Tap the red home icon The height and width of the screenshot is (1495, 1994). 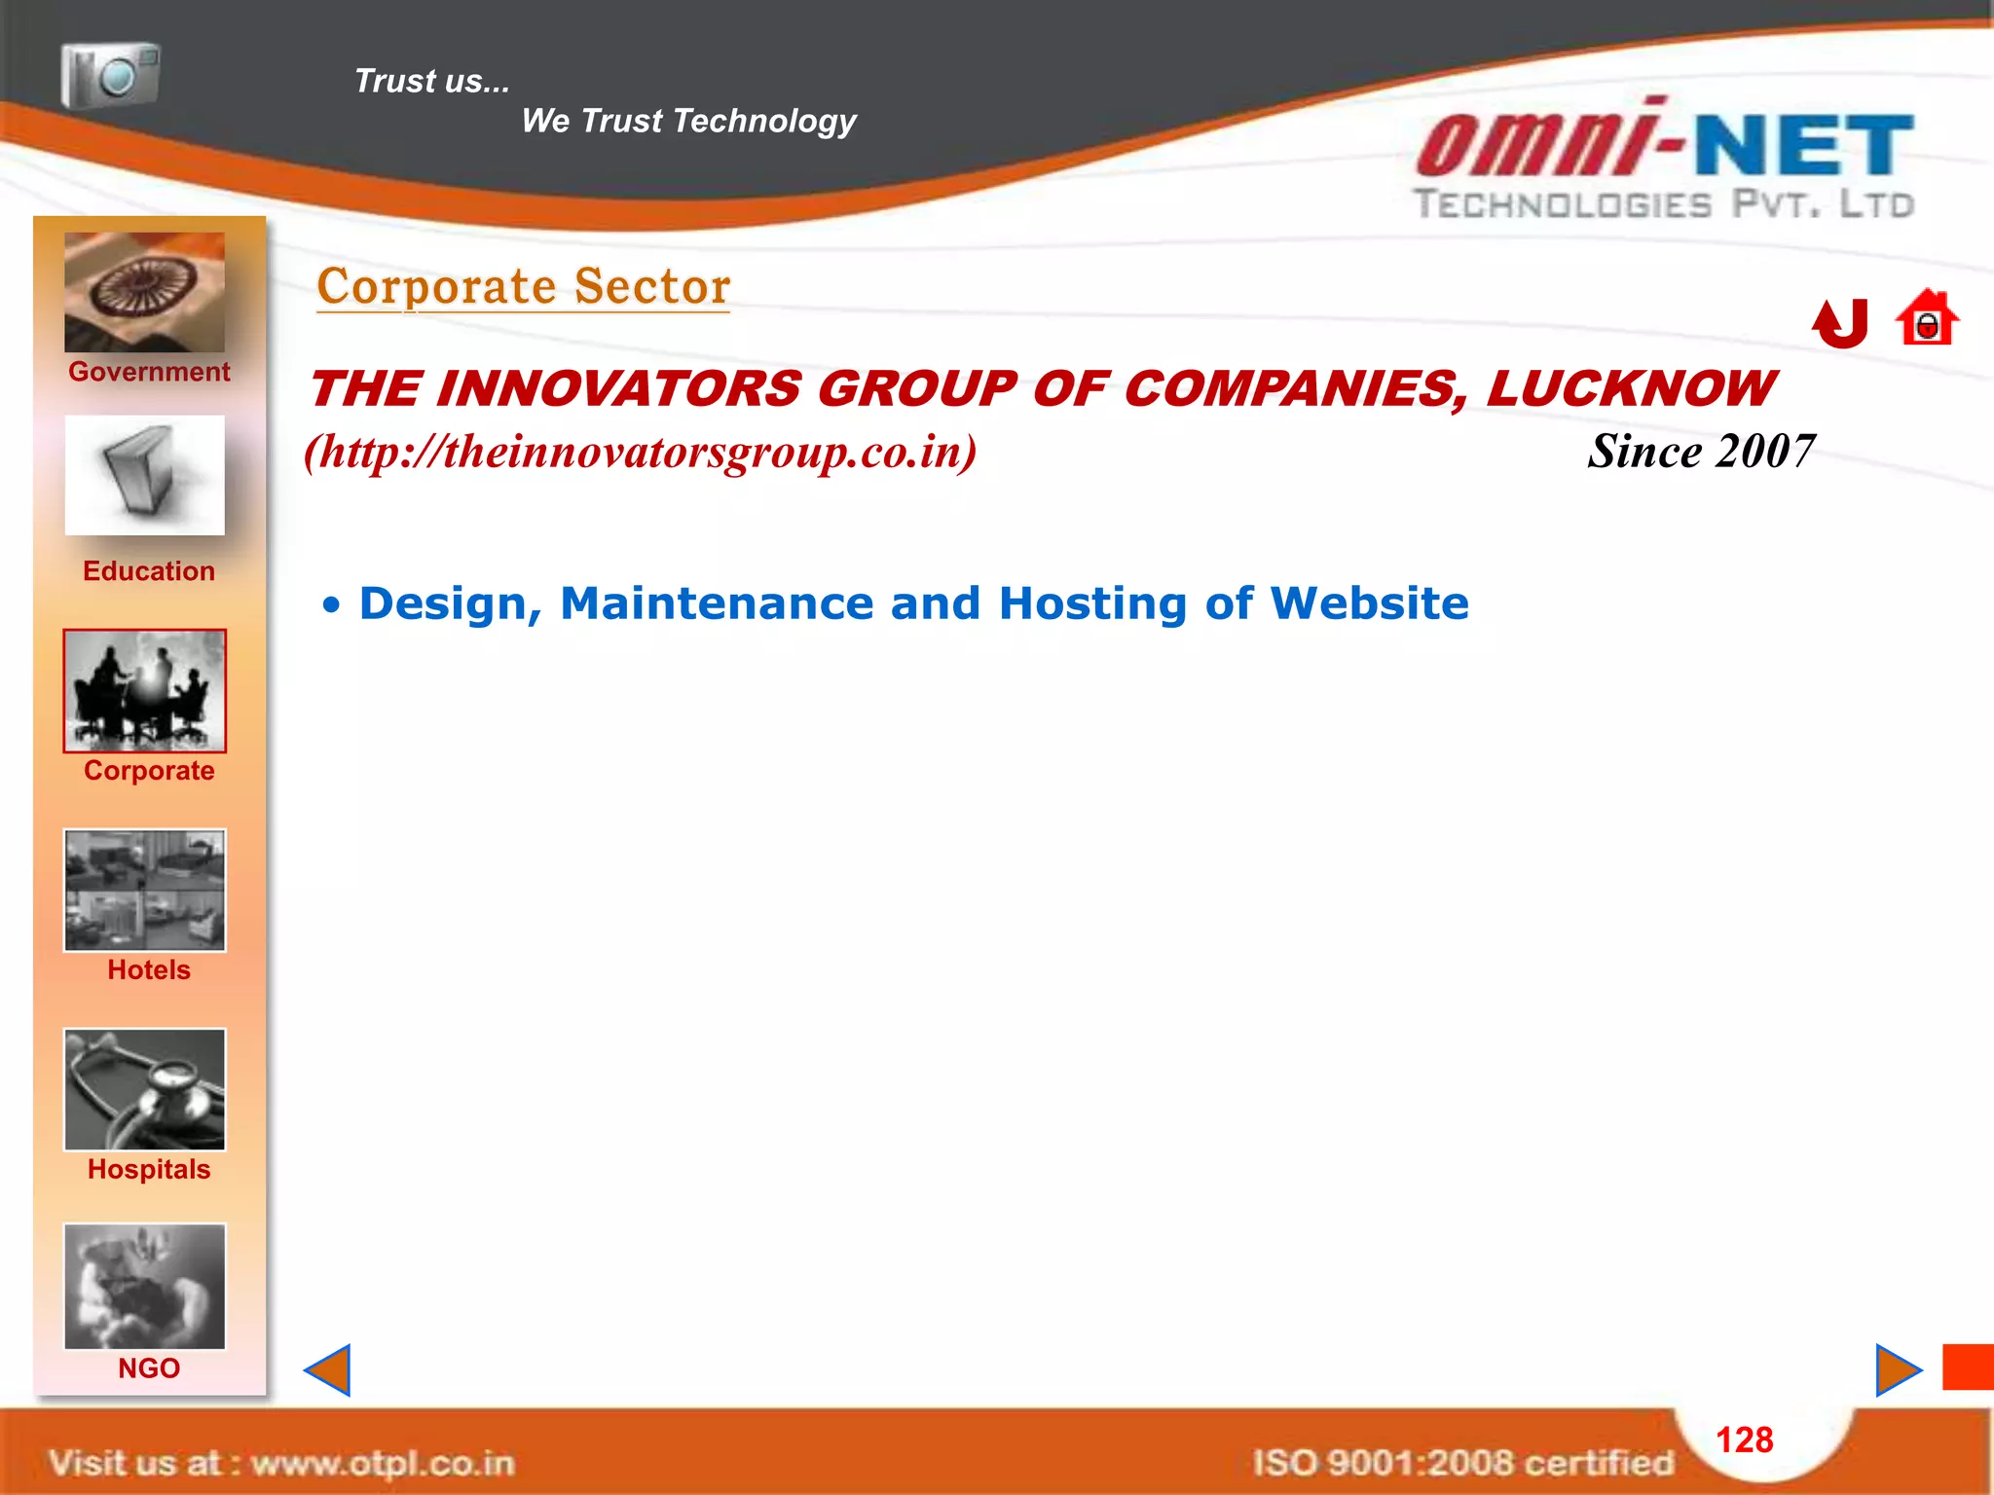click(1926, 319)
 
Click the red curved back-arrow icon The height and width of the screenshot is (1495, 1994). click(1840, 323)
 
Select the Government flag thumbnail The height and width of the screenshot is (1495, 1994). click(144, 292)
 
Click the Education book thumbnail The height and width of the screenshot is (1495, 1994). click(144, 475)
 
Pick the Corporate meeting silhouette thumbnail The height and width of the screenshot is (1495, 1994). click(144, 690)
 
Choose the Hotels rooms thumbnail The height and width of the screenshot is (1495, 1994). click(144, 890)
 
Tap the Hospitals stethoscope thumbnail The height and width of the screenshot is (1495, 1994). click(144, 1089)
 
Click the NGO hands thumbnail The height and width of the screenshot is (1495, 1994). click(144, 1286)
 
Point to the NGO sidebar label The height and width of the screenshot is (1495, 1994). click(149, 1368)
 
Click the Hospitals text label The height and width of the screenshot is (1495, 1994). click(149, 1169)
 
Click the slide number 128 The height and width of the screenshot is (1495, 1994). click(1744, 1440)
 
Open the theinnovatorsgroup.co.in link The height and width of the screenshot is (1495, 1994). click(641, 452)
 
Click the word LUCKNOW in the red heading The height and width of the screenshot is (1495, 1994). click(1629, 389)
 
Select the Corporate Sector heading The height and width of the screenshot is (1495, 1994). click(523, 287)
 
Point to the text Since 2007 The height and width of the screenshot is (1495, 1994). click(1700, 452)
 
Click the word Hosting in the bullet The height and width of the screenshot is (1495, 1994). click(1092, 603)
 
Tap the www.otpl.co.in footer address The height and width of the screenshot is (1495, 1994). click(382, 1463)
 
